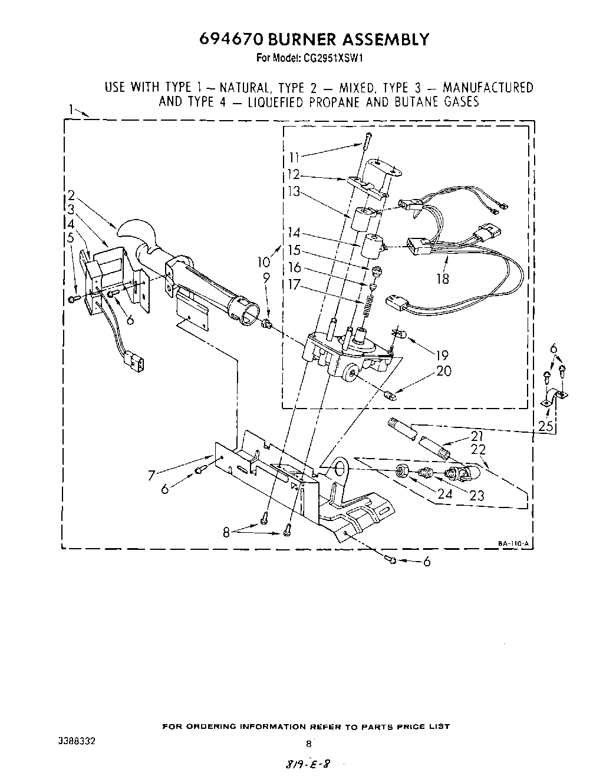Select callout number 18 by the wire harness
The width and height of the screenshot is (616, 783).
pyautogui.click(x=442, y=278)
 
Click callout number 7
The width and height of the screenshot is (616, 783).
pyautogui.click(x=151, y=475)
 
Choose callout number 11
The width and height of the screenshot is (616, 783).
pyautogui.click(x=294, y=158)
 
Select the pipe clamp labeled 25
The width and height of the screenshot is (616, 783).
pyautogui.click(x=554, y=399)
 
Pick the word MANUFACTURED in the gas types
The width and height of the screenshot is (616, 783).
pyautogui.click(x=487, y=88)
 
